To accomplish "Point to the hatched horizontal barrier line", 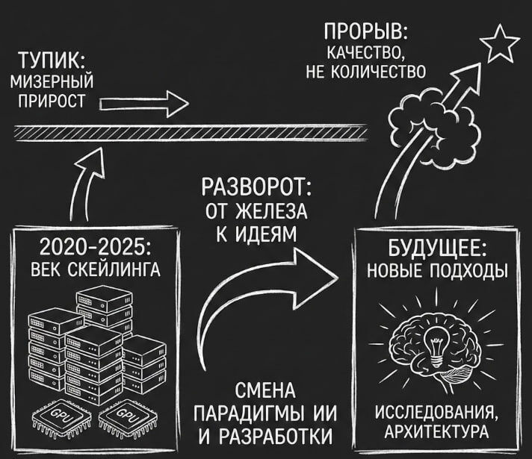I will pos(191,133).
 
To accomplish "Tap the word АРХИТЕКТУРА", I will pos(436,432).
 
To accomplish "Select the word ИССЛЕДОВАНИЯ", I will pos(436,413).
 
